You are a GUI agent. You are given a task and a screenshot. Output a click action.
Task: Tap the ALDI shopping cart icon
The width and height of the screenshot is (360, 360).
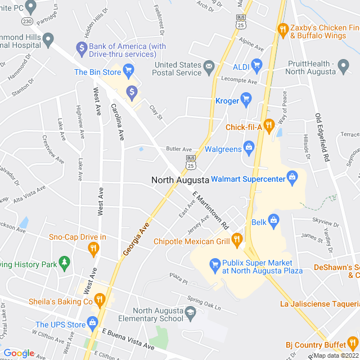pyautogui.click(x=257, y=64)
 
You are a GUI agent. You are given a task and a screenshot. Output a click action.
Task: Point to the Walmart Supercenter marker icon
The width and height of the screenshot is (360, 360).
pyautogui.click(x=292, y=178)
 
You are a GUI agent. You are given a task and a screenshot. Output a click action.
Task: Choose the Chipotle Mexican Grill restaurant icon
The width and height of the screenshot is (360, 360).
pyautogui.click(x=237, y=241)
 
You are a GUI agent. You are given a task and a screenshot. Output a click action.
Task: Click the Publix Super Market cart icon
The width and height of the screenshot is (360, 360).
pyautogui.click(x=214, y=263)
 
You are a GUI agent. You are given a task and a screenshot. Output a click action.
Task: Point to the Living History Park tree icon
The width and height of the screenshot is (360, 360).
pyautogui.click(x=65, y=262)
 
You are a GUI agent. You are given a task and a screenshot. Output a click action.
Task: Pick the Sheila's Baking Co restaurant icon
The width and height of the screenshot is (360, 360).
pyautogui.click(x=100, y=300)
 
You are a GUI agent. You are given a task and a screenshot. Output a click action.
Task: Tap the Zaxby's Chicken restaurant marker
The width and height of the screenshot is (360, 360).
pyautogui.click(x=283, y=28)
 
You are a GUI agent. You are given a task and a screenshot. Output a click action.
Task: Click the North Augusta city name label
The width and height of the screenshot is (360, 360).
pyautogui.click(x=180, y=180)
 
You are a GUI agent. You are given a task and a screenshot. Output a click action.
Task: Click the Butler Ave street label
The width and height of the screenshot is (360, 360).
pyautogui.click(x=179, y=149)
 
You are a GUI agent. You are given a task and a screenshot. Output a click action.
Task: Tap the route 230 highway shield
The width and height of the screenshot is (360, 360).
pyautogui.click(x=26, y=21)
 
